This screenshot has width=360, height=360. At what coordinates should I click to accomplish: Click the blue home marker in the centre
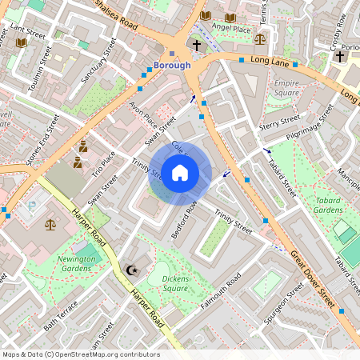[x=180, y=172]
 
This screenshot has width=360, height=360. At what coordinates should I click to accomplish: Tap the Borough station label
[x=172, y=65]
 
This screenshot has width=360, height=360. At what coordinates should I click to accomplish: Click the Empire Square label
[x=286, y=88]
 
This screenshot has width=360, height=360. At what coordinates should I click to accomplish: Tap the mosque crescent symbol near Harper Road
[x=132, y=271]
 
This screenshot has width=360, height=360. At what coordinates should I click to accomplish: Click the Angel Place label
[x=232, y=27]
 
